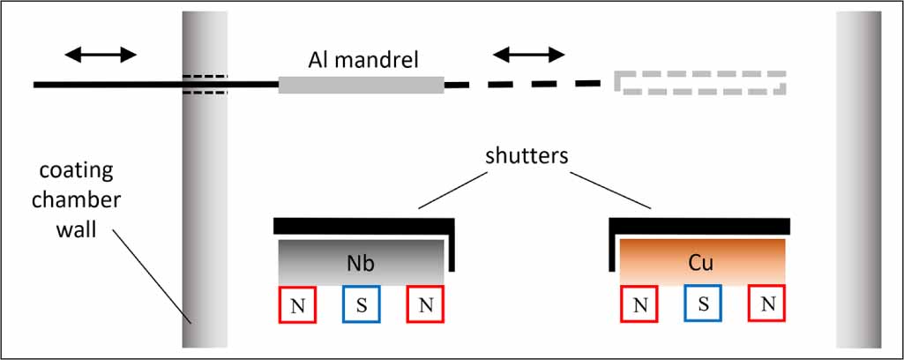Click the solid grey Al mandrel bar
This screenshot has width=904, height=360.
(361, 85)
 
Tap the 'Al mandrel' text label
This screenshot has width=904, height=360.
(362, 60)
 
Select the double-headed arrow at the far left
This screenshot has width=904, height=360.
(101, 55)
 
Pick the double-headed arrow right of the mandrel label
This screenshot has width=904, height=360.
(528, 55)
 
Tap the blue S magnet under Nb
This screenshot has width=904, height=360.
(361, 304)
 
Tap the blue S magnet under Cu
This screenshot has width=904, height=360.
(703, 304)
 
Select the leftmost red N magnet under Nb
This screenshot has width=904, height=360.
(297, 304)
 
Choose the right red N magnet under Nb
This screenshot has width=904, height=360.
(424, 304)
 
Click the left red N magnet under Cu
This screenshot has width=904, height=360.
(639, 304)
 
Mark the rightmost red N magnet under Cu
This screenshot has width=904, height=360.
(766, 304)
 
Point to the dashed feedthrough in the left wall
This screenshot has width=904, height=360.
(205, 84)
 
